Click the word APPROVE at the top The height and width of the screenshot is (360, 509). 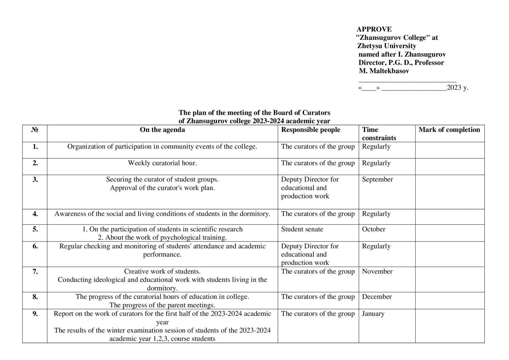[374, 29]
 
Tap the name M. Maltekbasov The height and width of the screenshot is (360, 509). [384, 71]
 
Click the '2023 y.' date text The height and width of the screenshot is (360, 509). [457, 88]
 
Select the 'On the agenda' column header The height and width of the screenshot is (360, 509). [162, 130]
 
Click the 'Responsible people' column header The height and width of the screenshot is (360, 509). [311, 130]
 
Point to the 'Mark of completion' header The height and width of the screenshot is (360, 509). [449, 130]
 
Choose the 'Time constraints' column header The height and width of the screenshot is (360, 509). [379, 134]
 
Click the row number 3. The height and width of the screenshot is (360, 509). [35, 180]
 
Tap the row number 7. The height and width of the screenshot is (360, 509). [35, 271]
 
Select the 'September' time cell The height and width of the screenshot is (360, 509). [377, 180]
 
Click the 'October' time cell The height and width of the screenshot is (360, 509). [373, 229]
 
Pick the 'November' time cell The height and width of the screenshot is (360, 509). [377, 271]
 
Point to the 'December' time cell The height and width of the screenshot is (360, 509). [376, 297]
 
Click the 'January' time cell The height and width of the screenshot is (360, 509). [373, 314]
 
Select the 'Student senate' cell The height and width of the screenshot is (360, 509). [302, 229]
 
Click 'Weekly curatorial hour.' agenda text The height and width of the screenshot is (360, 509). [162, 163]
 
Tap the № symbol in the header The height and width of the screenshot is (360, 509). [35, 130]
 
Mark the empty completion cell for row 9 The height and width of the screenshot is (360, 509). [449, 326]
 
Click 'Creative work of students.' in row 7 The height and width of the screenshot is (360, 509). [162, 271]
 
